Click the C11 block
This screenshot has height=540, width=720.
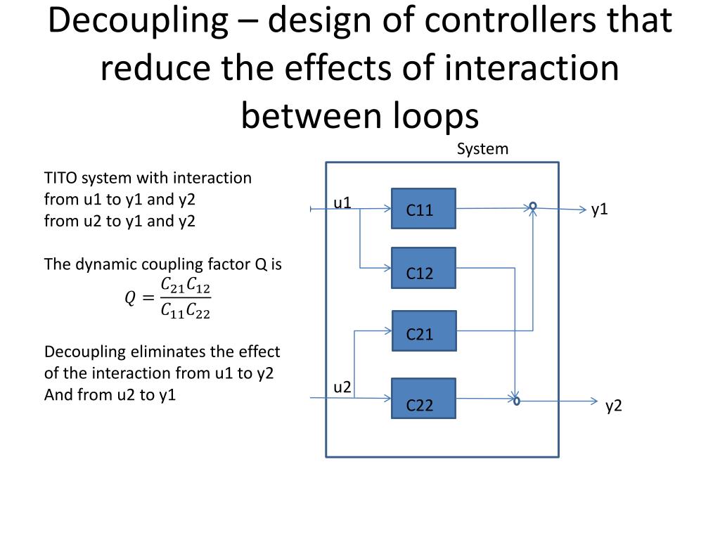[423, 209]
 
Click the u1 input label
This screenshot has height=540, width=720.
[342, 203]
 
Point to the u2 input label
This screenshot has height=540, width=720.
[342, 387]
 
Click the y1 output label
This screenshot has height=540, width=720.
[599, 209]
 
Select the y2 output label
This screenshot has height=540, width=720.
[615, 406]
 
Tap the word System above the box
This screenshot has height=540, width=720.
[482, 149]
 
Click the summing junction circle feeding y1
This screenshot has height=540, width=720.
[533, 207]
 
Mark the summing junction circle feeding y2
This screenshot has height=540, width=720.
[516, 401]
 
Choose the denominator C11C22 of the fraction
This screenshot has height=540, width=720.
[186, 310]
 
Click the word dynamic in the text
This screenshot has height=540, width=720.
[105, 264]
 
